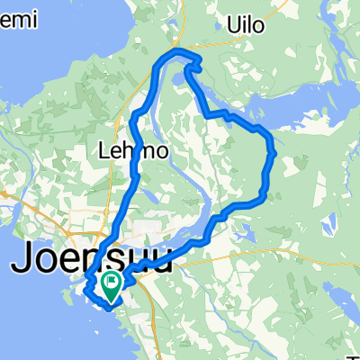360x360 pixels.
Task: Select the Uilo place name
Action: [x=246, y=24]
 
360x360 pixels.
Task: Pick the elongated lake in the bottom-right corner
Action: [x=342, y=333]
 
